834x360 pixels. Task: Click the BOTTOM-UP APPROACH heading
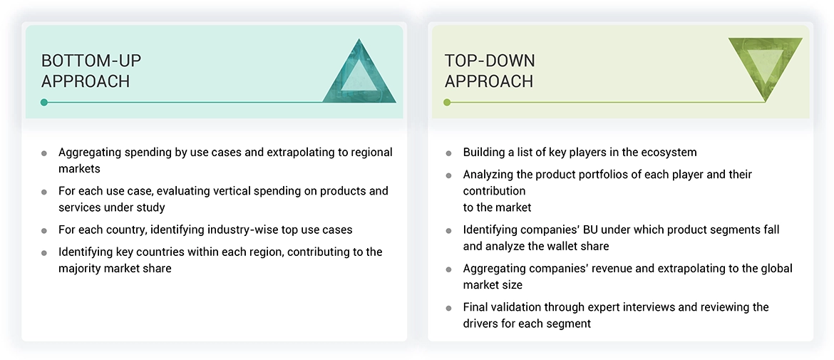pos(91,71)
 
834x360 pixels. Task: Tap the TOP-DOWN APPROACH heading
pos(490,71)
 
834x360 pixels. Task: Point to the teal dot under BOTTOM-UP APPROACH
pos(44,102)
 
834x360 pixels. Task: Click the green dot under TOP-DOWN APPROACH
pos(447,102)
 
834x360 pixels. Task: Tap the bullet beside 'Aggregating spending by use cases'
pos(44,153)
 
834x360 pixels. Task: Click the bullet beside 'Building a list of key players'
pos(449,153)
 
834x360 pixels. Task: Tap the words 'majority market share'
pos(115,269)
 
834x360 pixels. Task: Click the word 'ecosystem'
pos(669,153)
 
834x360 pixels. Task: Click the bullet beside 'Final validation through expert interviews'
pos(449,309)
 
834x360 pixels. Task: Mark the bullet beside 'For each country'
pos(44,231)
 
